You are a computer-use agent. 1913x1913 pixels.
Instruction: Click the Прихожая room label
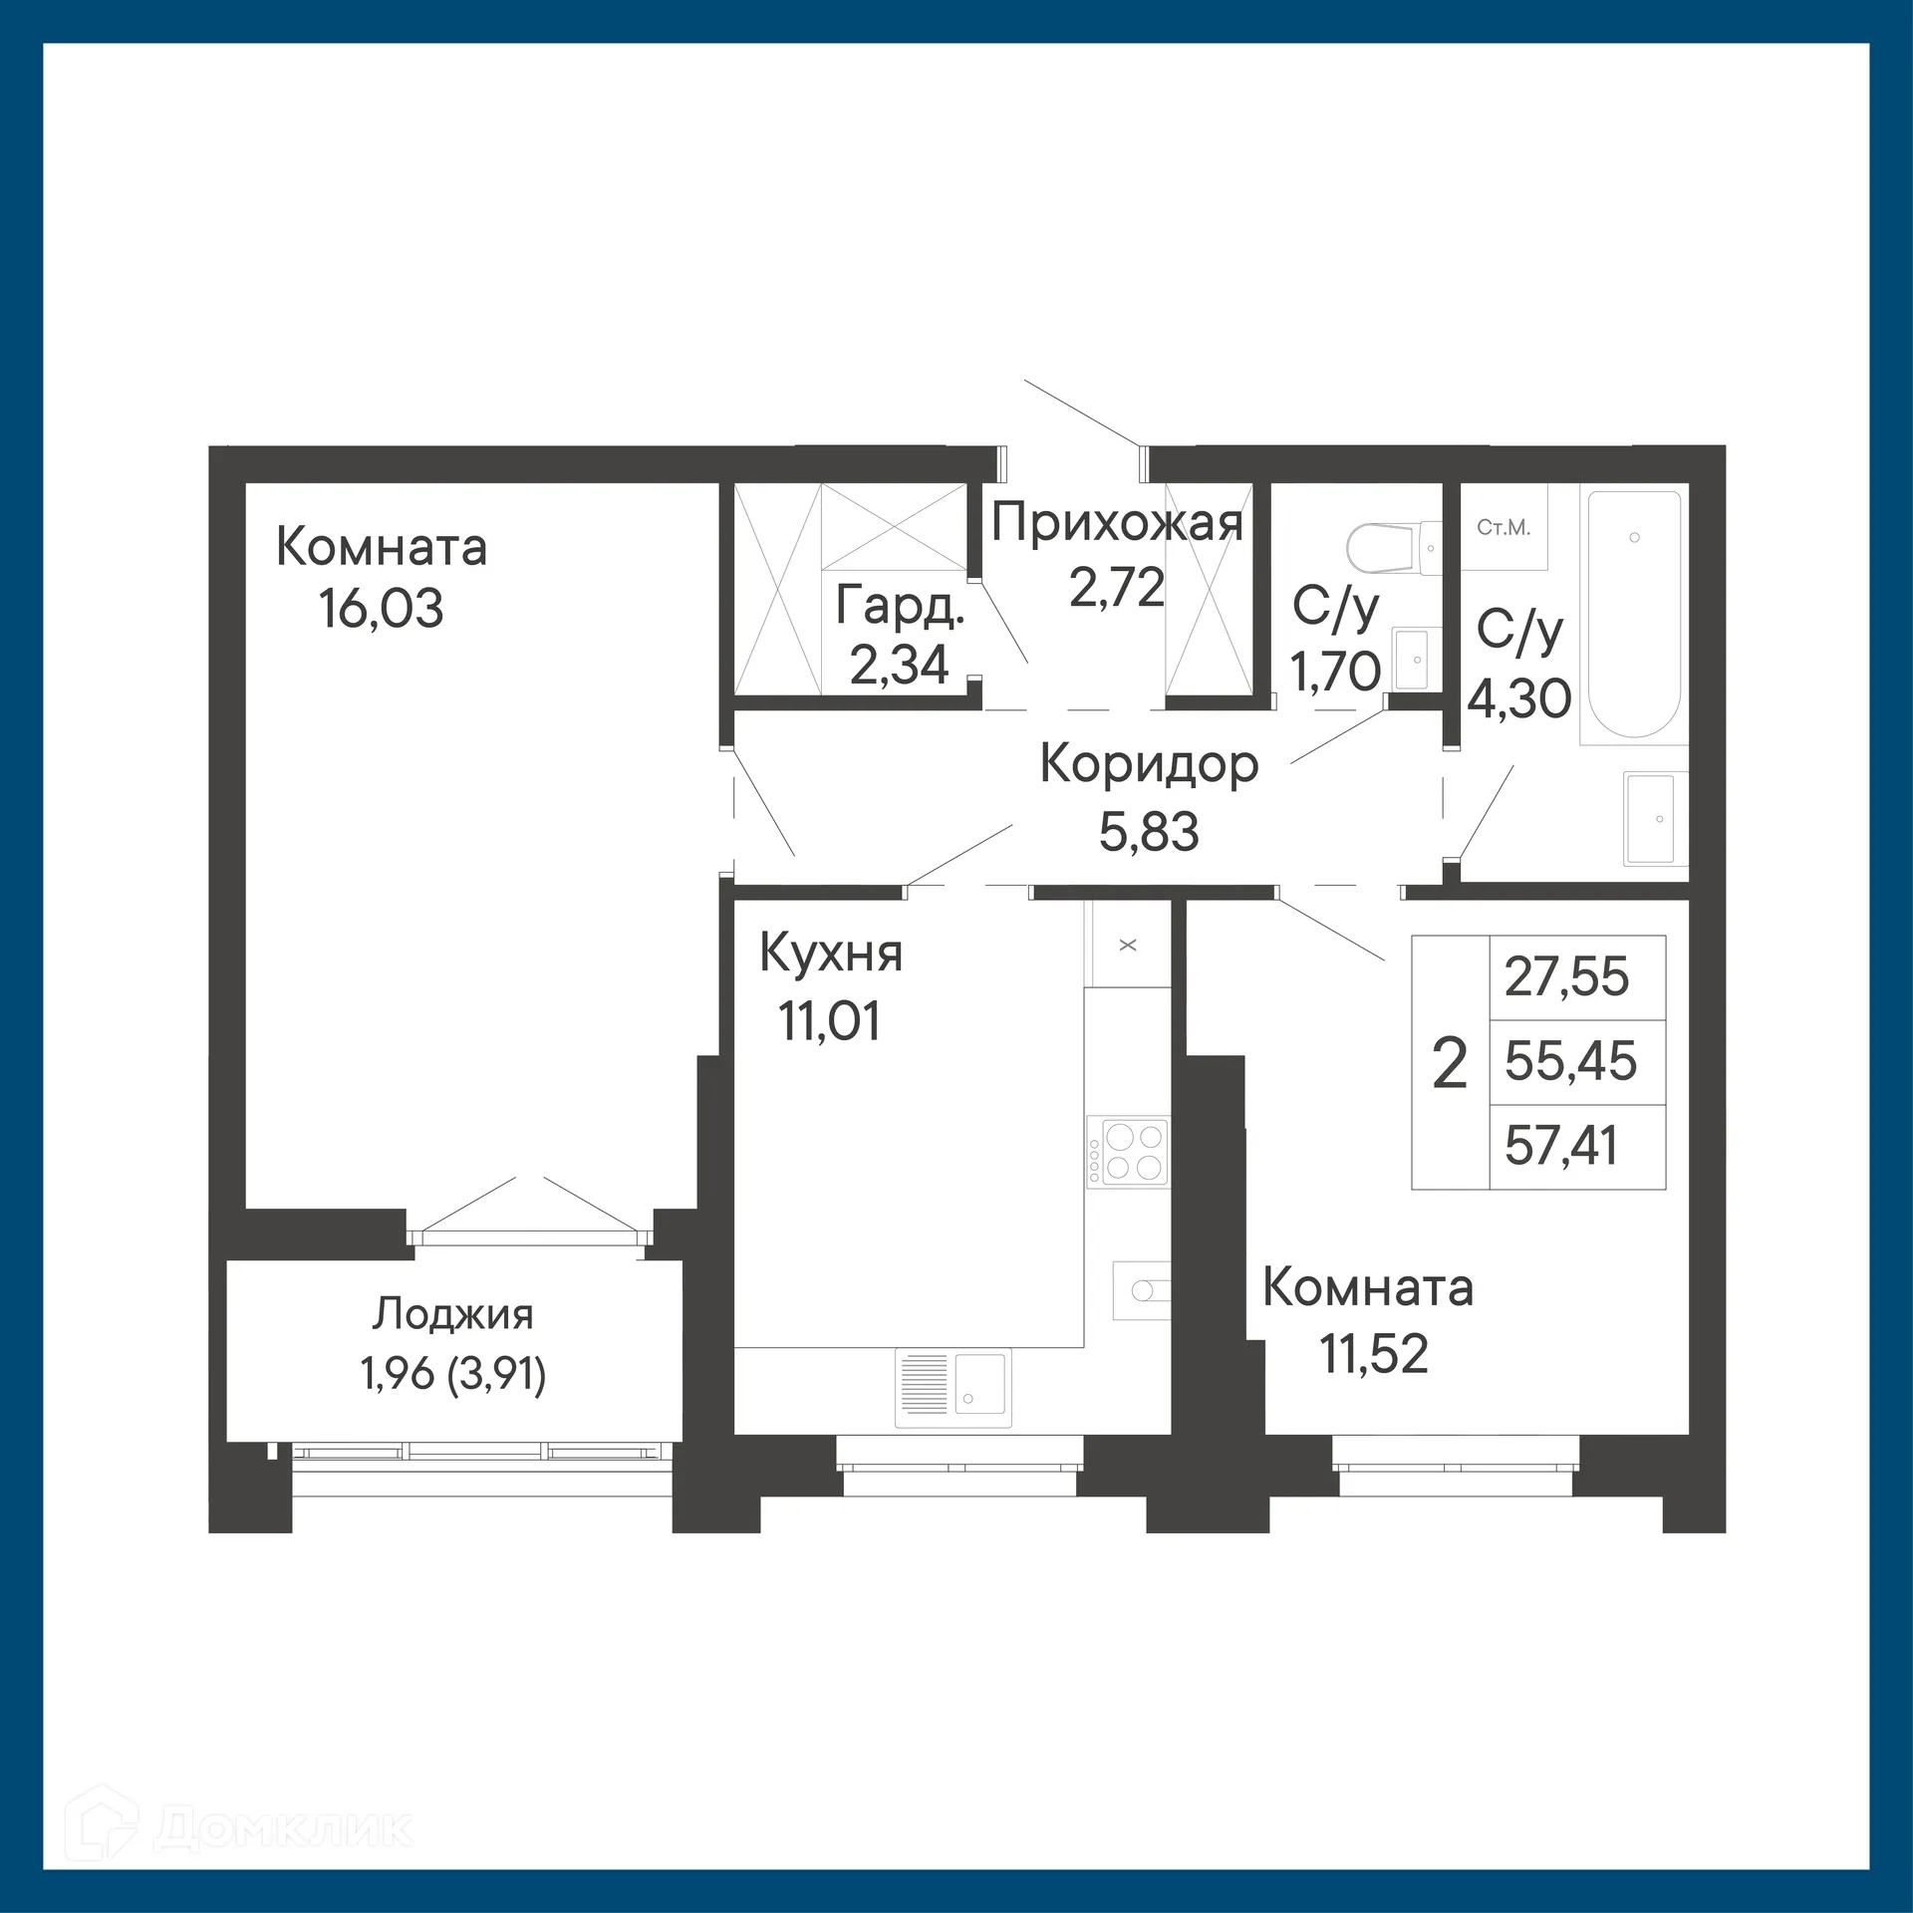[1117, 523]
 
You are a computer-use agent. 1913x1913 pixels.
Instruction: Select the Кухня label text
[831, 954]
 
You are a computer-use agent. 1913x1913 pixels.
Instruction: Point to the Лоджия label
[453, 1315]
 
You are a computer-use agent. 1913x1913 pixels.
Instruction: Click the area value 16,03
[381, 609]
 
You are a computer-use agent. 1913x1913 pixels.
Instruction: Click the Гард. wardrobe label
[900, 605]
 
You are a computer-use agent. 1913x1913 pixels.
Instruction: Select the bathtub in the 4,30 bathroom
[1634, 613]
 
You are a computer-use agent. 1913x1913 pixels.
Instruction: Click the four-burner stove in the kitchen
[1127, 1151]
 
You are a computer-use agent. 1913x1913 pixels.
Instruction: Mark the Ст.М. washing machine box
[1503, 527]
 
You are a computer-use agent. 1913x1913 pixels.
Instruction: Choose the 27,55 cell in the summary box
[1566, 977]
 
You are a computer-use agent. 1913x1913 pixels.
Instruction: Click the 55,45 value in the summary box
[1570, 1061]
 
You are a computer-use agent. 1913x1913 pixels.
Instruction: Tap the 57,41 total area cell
[1561, 1146]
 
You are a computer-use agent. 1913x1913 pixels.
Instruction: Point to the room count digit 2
[1450, 1064]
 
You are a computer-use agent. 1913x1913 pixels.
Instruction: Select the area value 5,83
[1149, 831]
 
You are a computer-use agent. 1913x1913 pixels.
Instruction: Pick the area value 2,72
[1117, 587]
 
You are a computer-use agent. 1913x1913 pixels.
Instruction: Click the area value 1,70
[1335, 671]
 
